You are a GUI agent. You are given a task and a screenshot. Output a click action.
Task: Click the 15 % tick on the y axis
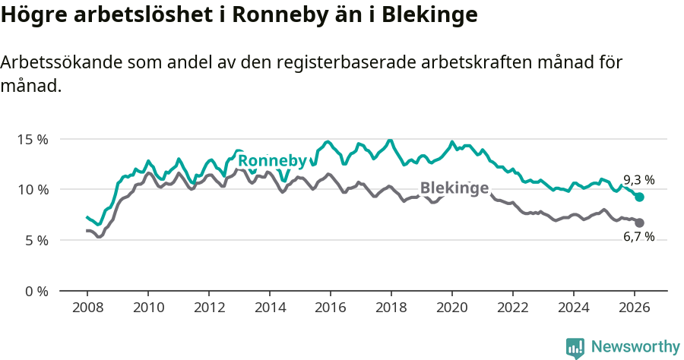pyautogui.click(x=33, y=140)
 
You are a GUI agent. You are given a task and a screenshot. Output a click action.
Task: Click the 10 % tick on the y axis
pyautogui.click(x=33, y=189)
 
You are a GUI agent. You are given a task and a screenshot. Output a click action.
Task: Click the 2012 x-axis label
pyautogui.click(x=208, y=308)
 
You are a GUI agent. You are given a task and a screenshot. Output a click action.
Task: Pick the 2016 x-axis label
pyautogui.click(x=330, y=308)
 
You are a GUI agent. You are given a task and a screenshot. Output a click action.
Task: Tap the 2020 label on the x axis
pyautogui.click(x=451, y=308)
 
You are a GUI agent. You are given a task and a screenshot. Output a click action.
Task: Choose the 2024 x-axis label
pyautogui.click(x=573, y=308)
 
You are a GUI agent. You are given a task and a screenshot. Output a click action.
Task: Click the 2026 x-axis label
pyautogui.click(x=634, y=308)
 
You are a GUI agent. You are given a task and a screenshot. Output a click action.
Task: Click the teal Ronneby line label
pyautogui.click(x=272, y=161)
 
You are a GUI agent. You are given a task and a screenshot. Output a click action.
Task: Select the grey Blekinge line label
pyautogui.click(x=454, y=188)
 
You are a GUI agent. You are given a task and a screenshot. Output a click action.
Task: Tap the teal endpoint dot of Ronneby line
pyautogui.click(x=639, y=197)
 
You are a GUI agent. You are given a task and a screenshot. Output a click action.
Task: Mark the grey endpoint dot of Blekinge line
pyautogui.click(x=639, y=223)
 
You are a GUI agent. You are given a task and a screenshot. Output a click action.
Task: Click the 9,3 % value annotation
pyautogui.click(x=638, y=180)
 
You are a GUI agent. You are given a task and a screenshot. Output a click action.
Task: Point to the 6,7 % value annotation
pyautogui.click(x=638, y=237)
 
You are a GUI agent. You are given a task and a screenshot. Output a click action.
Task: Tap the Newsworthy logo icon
pyautogui.click(x=575, y=348)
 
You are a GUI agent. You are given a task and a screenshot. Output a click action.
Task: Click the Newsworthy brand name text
pyautogui.click(x=635, y=347)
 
